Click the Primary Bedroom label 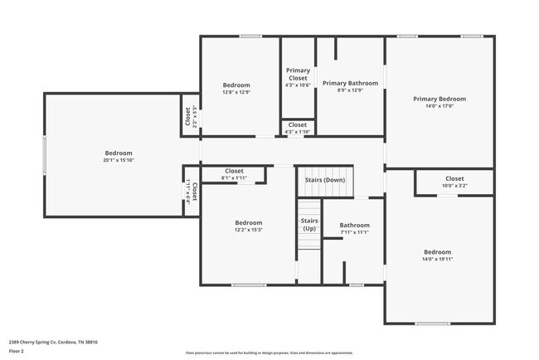[x=439, y=99]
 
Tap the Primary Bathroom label [x=350, y=83]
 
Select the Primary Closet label [x=298, y=75]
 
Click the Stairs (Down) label [x=325, y=180]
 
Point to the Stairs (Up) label [x=309, y=224]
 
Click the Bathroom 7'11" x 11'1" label [x=354, y=225]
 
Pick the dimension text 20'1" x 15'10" [x=119, y=160]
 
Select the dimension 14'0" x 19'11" [x=438, y=260]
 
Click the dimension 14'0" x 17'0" [x=439, y=106]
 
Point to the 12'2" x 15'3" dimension [x=248, y=230]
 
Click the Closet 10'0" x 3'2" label [x=454, y=178]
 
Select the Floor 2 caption [x=17, y=351]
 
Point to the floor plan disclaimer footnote [x=269, y=352]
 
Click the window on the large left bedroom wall [x=45, y=155]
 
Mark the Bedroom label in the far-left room [x=119, y=153]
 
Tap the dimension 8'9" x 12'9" [x=350, y=90]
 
